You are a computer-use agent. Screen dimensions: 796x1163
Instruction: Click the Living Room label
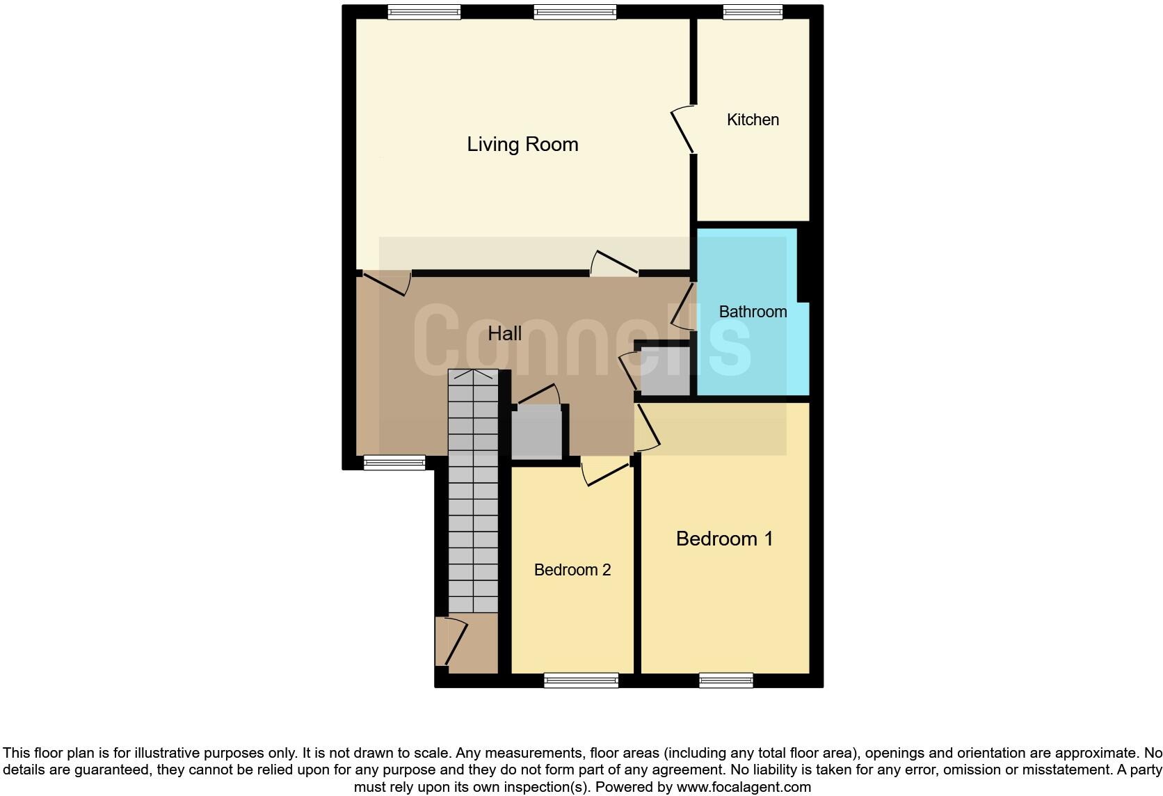pyautogui.click(x=522, y=145)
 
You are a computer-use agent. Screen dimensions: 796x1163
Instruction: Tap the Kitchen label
pyautogui.click(x=753, y=120)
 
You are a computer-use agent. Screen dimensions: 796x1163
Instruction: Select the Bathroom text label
pyautogui.click(x=753, y=312)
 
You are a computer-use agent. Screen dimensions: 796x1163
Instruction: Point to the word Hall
pyautogui.click(x=504, y=333)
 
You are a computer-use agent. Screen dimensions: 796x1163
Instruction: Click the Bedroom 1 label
pyautogui.click(x=724, y=539)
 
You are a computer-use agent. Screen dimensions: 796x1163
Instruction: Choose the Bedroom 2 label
pyautogui.click(x=572, y=570)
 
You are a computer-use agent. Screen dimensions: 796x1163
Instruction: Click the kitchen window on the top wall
pyautogui.click(x=753, y=12)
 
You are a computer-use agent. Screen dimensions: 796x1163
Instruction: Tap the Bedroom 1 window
pyautogui.click(x=726, y=680)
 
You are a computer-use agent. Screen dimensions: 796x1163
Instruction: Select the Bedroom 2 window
pyautogui.click(x=581, y=680)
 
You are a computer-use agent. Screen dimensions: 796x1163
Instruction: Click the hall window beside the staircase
pyautogui.click(x=394, y=462)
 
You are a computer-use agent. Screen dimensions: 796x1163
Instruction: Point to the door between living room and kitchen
pyautogui.click(x=683, y=129)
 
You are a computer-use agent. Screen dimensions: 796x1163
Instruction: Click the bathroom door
pyautogui.click(x=684, y=305)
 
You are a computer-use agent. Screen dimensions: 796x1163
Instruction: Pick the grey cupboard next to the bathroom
pyautogui.click(x=664, y=371)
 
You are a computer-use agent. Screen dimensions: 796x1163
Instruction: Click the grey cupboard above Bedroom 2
pyautogui.click(x=536, y=433)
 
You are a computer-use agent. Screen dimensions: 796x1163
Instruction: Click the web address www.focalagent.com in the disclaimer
pyautogui.click(x=743, y=787)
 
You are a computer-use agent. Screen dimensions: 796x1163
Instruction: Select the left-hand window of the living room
pyautogui.click(x=424, y=12)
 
